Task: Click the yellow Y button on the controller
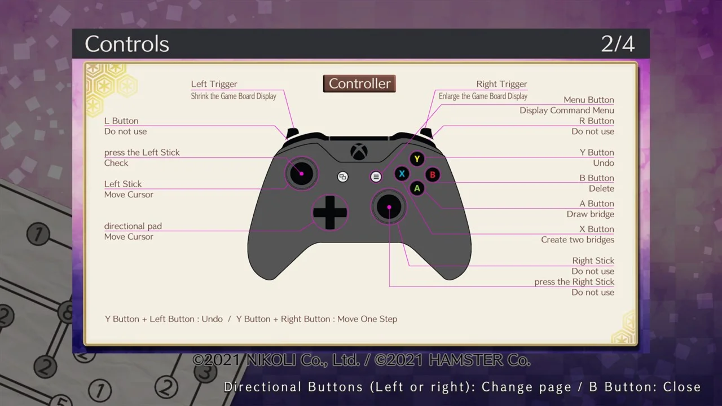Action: (417, 159)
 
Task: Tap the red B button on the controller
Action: (433, 175)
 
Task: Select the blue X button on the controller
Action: (402, 174)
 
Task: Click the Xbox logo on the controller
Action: (359, 152)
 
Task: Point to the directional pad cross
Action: (330, 213)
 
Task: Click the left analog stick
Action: (301, 174)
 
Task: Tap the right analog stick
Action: (389, 207)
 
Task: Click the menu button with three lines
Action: (376, 177)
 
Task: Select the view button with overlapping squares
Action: (342, 177)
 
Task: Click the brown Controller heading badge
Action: (359, 84)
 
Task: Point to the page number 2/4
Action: (618, 44)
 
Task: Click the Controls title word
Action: (127, 44)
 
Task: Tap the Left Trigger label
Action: (214, 84)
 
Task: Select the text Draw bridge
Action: (590, 214)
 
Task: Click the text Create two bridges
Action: (578, 240)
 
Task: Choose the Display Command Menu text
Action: (567, 111)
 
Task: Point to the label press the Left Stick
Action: (142, 152)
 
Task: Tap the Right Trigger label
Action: (501, 84)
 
